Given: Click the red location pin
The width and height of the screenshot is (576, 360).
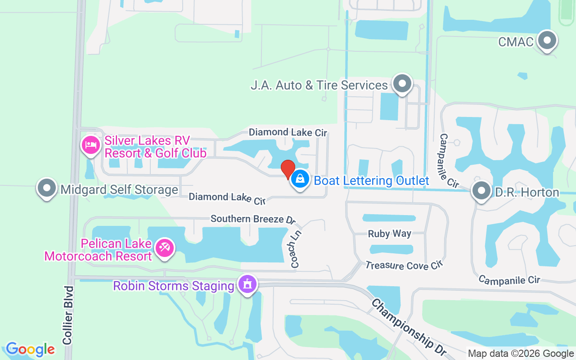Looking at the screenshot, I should (x=288, y=169).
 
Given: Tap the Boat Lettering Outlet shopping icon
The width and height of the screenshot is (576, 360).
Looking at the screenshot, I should (x=300, y=180).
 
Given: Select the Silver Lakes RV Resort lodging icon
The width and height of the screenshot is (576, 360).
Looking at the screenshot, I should (x=91, y=145).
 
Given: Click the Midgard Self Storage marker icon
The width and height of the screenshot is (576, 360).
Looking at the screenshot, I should (x=47, y=189).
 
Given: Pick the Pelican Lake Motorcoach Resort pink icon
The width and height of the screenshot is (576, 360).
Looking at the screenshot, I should (x=165, y=248).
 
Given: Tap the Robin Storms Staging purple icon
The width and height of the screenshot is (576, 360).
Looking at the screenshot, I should (x=247, y=284).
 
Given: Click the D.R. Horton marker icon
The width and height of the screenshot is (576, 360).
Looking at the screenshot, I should (x=481, y=191).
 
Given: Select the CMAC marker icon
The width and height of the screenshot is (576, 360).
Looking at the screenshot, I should (x=547, y=41).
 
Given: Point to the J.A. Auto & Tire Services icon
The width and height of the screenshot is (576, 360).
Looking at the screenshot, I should (x=402, y=84).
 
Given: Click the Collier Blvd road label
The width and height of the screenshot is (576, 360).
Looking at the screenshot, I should (x=68, y=315).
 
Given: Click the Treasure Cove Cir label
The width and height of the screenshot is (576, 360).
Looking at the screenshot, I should (x=404, y=265).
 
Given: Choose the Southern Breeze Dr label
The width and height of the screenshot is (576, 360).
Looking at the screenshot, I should (x=253, y=219).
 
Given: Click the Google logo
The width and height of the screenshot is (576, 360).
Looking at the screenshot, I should (x=31, y=349).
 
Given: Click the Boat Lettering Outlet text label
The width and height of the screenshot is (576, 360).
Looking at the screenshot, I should (x=371, y=181).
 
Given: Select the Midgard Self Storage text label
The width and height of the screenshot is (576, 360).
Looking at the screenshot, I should (x=119, y=190).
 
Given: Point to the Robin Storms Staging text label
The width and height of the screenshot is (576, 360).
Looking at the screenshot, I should (x=174, y=286).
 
